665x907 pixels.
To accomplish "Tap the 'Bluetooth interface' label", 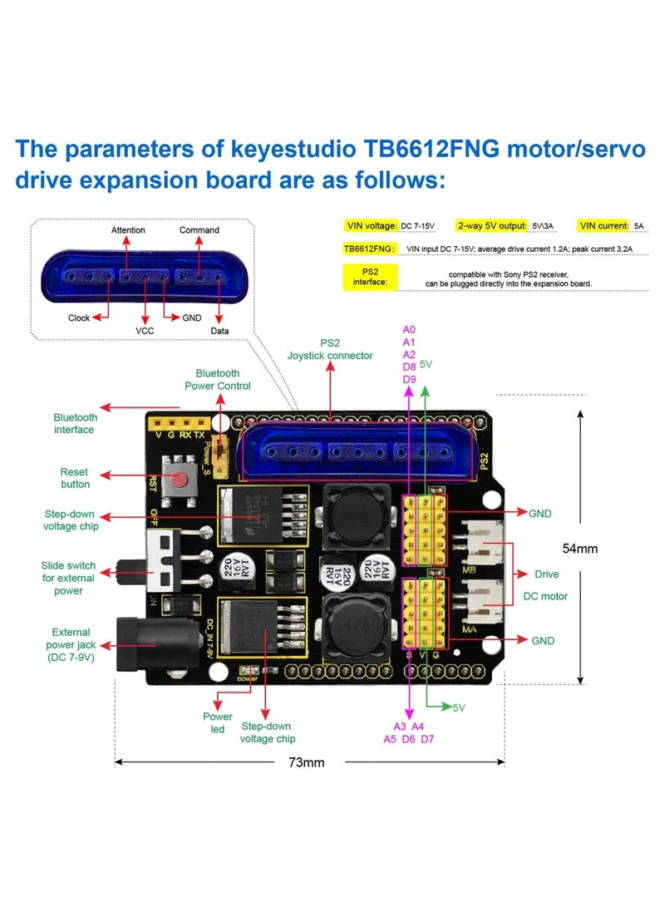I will coord(75,423).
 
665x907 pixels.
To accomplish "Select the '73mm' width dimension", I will coord(306,762).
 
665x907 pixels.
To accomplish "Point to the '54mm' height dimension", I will coord(580,549).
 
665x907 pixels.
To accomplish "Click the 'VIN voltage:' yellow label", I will coord(371,225).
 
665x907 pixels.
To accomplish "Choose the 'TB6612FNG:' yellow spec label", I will coord(370,248).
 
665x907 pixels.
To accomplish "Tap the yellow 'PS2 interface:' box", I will coord(370,278).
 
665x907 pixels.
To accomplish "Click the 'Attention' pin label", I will coord(128,230).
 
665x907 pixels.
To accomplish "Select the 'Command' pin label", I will coord(199,230).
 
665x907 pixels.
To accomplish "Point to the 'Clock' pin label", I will coord(79,318).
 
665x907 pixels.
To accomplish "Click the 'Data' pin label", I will coord(219,330).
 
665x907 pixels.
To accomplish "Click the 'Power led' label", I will coord(218,722).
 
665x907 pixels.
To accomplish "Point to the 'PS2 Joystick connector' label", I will coord(330,348).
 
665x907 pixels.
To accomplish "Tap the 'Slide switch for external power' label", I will coord(69,578).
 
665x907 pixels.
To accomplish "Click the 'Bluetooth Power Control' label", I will coord(218,379).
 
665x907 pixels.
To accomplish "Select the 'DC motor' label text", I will coord(545,596).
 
